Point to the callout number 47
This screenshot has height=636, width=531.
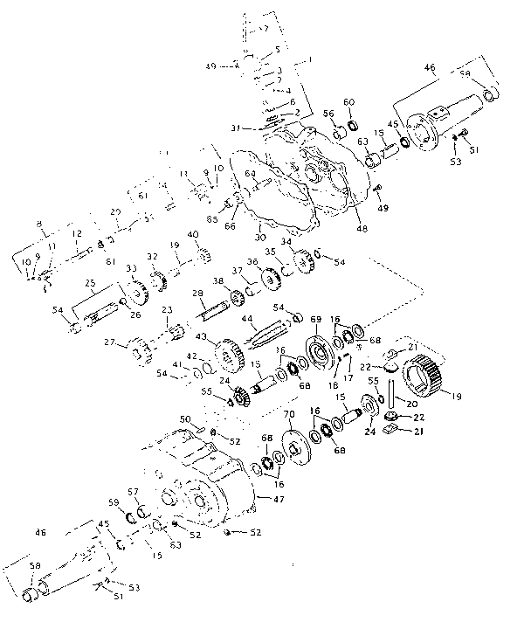279,498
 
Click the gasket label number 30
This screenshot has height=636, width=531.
259,237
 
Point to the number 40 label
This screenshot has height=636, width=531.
193,235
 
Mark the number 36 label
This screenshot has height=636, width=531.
252,263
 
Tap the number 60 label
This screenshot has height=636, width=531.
349,103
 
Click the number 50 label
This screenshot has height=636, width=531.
184,421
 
